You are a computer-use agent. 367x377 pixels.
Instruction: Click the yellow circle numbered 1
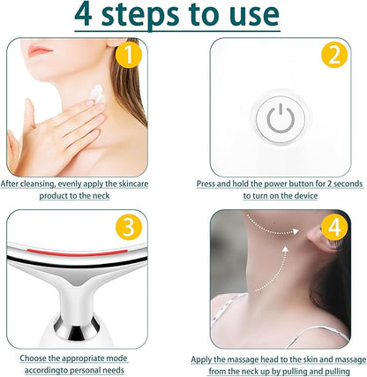click(x=129, y=55)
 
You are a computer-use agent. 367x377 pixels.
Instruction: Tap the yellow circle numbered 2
click(x=334, y=55)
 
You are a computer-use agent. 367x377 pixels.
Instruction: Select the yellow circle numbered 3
click(x=129, y=227)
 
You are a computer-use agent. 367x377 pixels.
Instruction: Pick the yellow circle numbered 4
click(x=334, y=227)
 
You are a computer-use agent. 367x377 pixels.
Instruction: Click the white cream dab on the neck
click(x=98, y=94)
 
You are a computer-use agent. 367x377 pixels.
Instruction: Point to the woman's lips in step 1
click(x=40, y=50)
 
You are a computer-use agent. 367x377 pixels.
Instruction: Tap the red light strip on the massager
click(x=77, y=253)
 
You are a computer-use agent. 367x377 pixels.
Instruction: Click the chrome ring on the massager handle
click(x=78, y=327)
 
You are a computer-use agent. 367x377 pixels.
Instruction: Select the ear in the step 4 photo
click(x=319, y=238)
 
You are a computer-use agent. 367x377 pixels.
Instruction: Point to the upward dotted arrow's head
click(x=285, y=250)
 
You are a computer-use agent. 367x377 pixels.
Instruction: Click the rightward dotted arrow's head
click(x=296, y=231)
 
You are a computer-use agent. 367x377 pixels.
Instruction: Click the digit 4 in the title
click(x=83, y=15)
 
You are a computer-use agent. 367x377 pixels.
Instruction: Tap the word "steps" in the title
click(x=140, y=16)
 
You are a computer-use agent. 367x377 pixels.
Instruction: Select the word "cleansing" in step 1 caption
click(x=37, y=184)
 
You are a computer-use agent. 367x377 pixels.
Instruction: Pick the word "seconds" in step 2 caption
click(x=348, y=184)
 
